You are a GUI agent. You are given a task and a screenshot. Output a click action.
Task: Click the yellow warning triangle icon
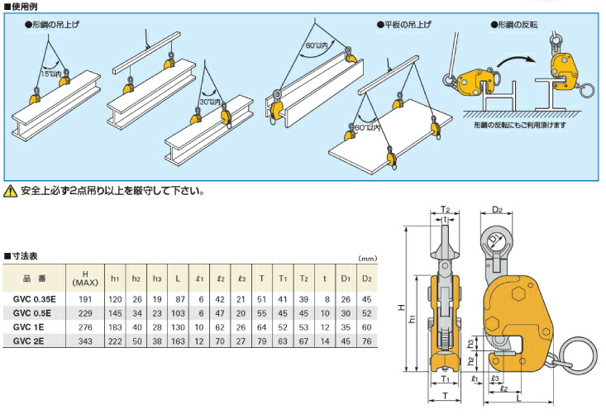tap(10, 191)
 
